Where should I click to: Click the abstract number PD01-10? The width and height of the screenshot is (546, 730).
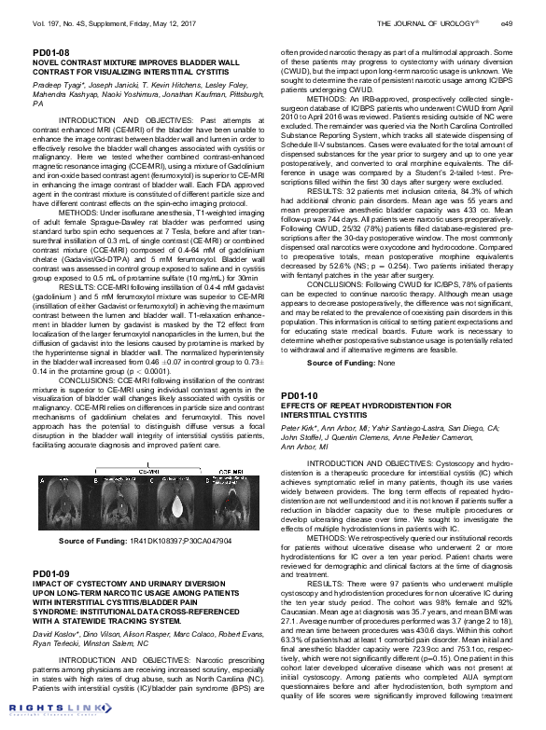298,397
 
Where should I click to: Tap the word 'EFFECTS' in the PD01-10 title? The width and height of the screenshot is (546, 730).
302,406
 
